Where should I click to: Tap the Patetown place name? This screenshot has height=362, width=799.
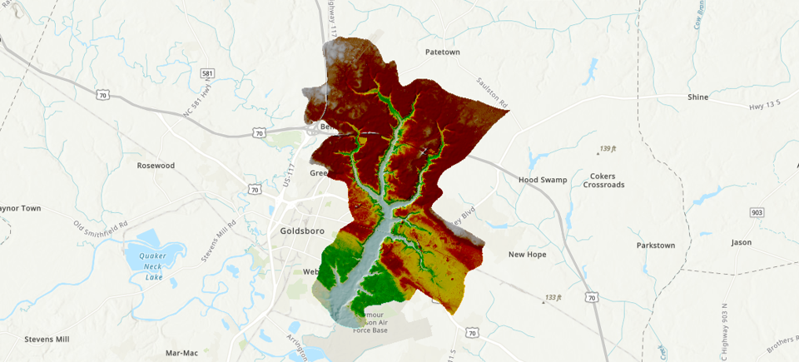443,52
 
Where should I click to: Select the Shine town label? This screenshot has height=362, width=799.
697,97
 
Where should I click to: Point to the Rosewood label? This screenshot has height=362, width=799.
156,166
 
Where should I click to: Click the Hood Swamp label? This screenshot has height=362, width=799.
542,180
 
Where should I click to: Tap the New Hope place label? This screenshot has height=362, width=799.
527,255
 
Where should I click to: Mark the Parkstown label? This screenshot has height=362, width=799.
656,245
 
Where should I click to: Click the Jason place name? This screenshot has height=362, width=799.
741,243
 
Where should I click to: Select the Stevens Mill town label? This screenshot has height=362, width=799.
47,340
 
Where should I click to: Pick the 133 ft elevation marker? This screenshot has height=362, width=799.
552,298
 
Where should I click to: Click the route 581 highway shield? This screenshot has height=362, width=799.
207,74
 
